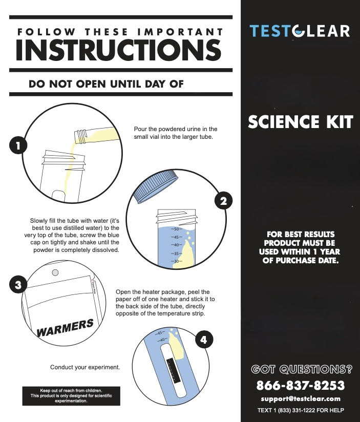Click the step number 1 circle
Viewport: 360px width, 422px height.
coord(18,145)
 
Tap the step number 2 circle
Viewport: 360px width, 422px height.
coord(223,201)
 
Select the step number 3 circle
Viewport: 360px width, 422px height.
coord(18,285)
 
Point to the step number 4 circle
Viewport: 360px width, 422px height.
coord(204,340)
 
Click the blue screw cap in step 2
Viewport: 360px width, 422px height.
coord(156,186)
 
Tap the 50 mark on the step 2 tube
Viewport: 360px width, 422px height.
coord(177,229)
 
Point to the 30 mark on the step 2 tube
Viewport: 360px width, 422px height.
coord(177,261)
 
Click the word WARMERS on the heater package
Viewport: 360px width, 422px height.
coord(65,328)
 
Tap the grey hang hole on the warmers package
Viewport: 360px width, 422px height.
coord(55,272)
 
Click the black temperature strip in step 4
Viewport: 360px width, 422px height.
coord(173,370)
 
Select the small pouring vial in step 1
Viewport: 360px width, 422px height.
coord(97,136)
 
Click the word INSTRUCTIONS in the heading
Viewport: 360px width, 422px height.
coord(119,50)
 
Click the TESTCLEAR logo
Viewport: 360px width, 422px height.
coord(300,31)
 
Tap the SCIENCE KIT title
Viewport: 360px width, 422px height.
coord(300,122)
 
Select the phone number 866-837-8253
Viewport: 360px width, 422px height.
coord(300,386)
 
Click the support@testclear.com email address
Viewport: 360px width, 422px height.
coord(301,398)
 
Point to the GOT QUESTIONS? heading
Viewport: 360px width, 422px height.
coord(302,369)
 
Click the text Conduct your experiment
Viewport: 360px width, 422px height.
coord(85,367)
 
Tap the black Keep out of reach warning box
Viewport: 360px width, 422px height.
coord(71,396)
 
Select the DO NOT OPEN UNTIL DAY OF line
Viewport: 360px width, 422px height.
coord(106,84)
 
